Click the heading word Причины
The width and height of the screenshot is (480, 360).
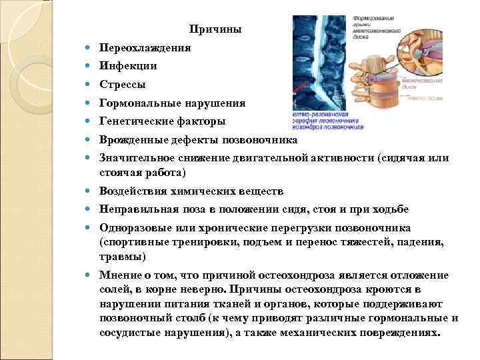click(215, 29)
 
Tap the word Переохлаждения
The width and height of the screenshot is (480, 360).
click(145, 48)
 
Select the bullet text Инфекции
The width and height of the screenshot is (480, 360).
click(128, 66)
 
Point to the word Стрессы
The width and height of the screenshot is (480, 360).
click(123, 85)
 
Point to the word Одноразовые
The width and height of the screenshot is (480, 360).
click(135, 227)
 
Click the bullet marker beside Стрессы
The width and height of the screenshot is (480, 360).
click(88, 85)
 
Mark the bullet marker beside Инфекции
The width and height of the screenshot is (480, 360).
click(88, 67)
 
